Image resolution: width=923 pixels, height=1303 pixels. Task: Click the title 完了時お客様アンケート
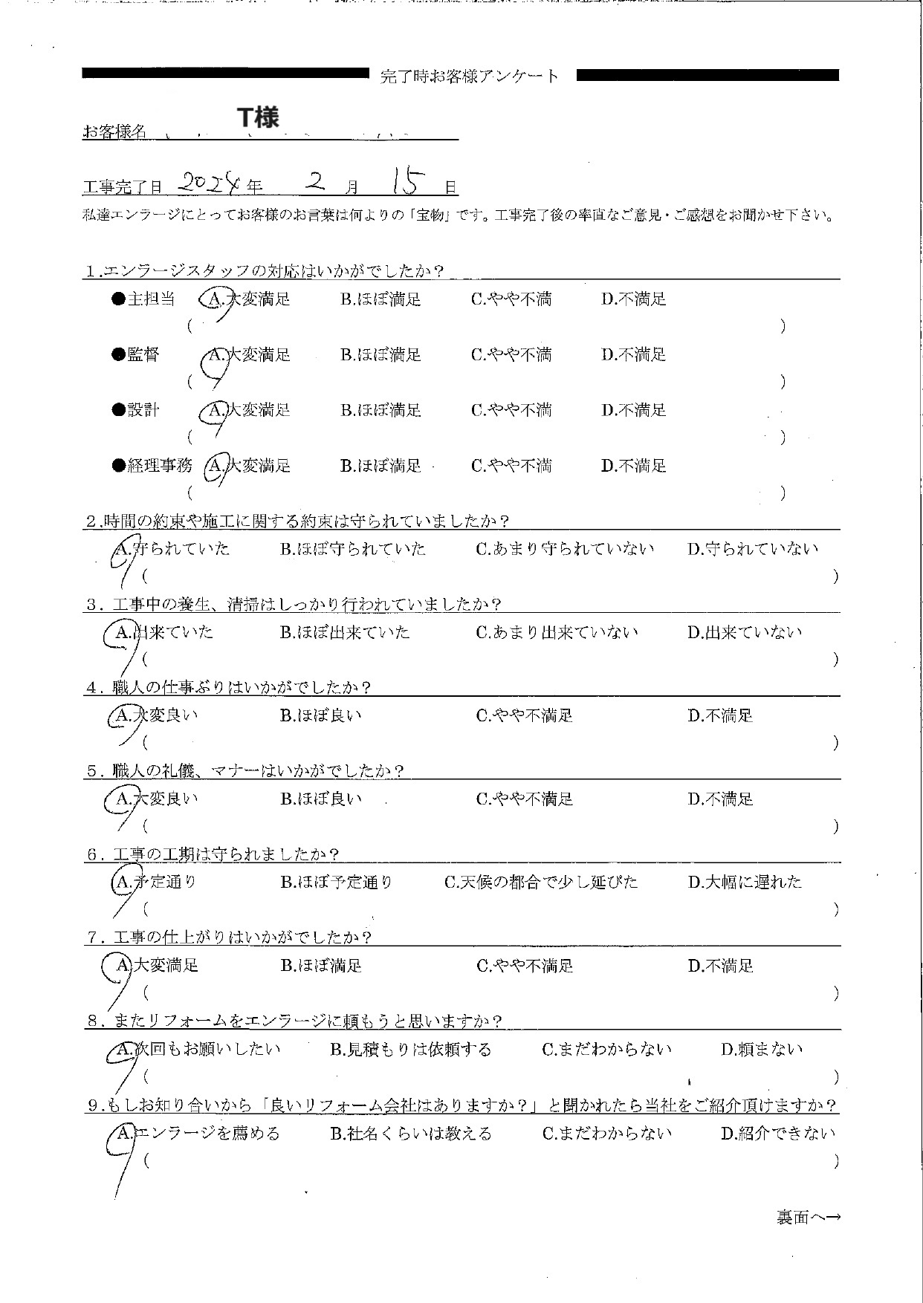pos(469,76)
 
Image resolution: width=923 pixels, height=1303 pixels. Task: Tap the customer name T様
pos(258,118)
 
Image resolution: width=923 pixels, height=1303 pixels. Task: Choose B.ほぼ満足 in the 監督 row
pos(380,355)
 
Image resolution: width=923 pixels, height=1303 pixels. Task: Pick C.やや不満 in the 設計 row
pos(511,410)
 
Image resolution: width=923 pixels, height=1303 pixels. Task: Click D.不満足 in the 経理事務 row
pos(634,466)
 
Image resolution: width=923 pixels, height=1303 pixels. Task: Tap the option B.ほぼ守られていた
pos(353,549)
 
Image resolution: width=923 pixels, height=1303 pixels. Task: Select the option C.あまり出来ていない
pos(557,633)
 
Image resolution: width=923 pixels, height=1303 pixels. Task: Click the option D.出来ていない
pos(745,633)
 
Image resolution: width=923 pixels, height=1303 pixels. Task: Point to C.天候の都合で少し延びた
pos(541,883)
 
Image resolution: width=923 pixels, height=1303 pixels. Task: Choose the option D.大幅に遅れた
pos(745,883)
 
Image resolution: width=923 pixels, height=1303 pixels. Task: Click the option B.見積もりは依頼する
pos(411,1050)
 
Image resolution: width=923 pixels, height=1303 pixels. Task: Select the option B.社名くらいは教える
pos(411,1134)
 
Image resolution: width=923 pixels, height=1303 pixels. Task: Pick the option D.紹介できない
pos(778,1134)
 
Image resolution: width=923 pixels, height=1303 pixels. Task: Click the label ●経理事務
pos(152,466)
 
